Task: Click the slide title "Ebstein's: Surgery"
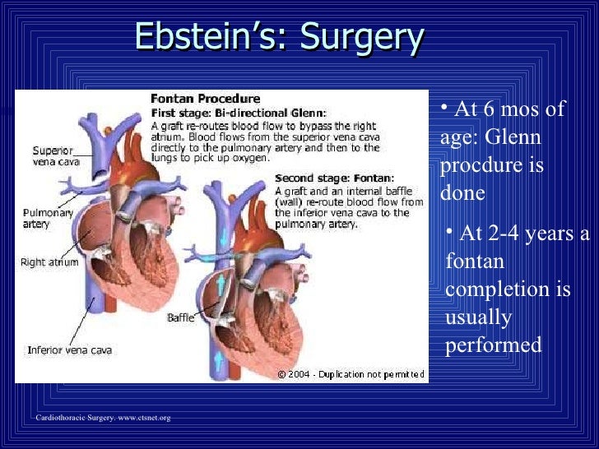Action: pyautogui.click(x=279, y=36)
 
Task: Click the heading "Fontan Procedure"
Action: pyautogui.click(x=205, y=100)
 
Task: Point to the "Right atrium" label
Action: pyautogui.click(x=49, y=263)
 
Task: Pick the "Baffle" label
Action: pyautogui.click(x=180, y=317)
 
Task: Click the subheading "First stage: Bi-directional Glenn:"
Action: pyautogui.click(x=238, y=112)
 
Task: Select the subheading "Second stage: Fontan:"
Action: pyautogui.click(x=334, y=178)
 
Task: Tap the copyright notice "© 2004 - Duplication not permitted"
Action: pyautogui.click(x=351, y=374)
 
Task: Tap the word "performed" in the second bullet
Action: pyautogui.click(x=493, y=345)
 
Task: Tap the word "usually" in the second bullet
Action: pyautogui.click(x=478, y=317)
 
